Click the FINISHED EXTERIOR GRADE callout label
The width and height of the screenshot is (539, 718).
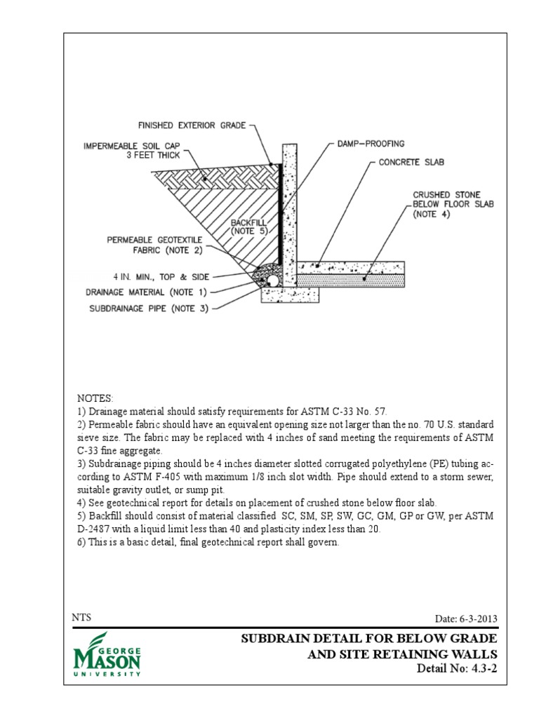click(x=192, y=126)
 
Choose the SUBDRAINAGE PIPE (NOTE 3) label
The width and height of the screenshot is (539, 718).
click(x=149, y=307)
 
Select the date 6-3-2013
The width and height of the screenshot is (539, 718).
click(x=467, y=618)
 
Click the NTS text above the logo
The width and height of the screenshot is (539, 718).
click(x=81, y=618)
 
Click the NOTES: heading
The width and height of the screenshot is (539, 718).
click(x=95, y=398)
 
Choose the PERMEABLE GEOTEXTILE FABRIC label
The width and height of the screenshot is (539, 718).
click(x=154, y=245)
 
